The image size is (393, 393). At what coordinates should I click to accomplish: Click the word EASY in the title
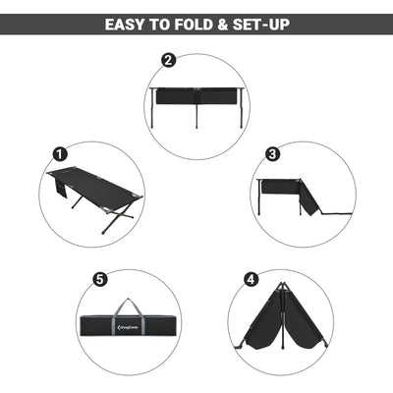click(x=130, y=23)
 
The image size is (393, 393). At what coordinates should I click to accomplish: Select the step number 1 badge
click(x=60, y=154)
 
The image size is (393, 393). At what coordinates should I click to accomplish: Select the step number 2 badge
click(x=168, y=61)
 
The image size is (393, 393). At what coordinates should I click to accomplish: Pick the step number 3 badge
click(x=273, y=154)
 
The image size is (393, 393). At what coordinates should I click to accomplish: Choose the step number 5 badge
click(x=99, y=279)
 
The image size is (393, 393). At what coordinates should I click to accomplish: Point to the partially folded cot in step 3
click(x=295, y=195)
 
